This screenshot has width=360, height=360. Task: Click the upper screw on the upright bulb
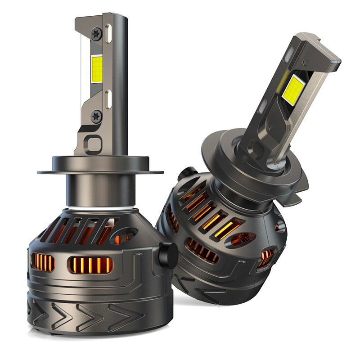(x=96, y=33)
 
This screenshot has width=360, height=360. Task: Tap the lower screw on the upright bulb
(x=96, y=116)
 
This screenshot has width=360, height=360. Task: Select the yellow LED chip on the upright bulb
(x=97, y=70)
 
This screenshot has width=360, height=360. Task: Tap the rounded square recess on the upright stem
(x=95, y=145)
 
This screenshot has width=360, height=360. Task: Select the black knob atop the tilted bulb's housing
(x=188, y=172)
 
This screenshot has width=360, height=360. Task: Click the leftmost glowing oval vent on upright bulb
(x=43, y=262)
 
